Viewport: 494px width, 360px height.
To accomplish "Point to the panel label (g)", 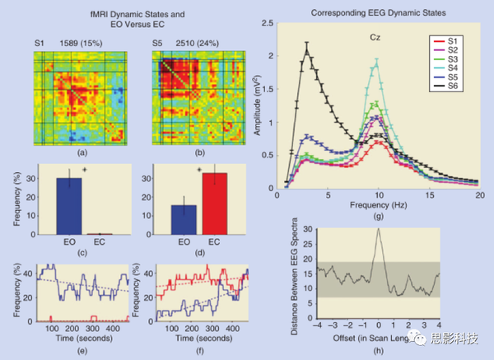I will pyautogui.click(x=378, y=215).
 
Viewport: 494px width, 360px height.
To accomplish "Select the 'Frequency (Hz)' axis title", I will pyautogui.click(x=378, y=203).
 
